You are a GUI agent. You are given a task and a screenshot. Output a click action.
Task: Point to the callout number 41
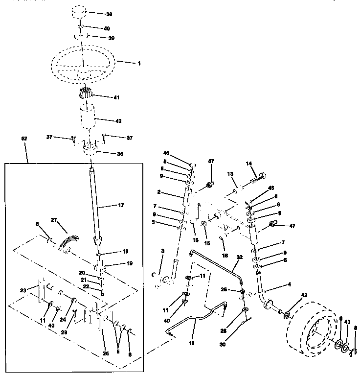[x=116, y=97]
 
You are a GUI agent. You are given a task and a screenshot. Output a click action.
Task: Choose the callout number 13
[x=230, y=174]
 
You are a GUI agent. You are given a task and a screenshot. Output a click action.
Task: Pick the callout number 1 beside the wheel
[x=139, y=63]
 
